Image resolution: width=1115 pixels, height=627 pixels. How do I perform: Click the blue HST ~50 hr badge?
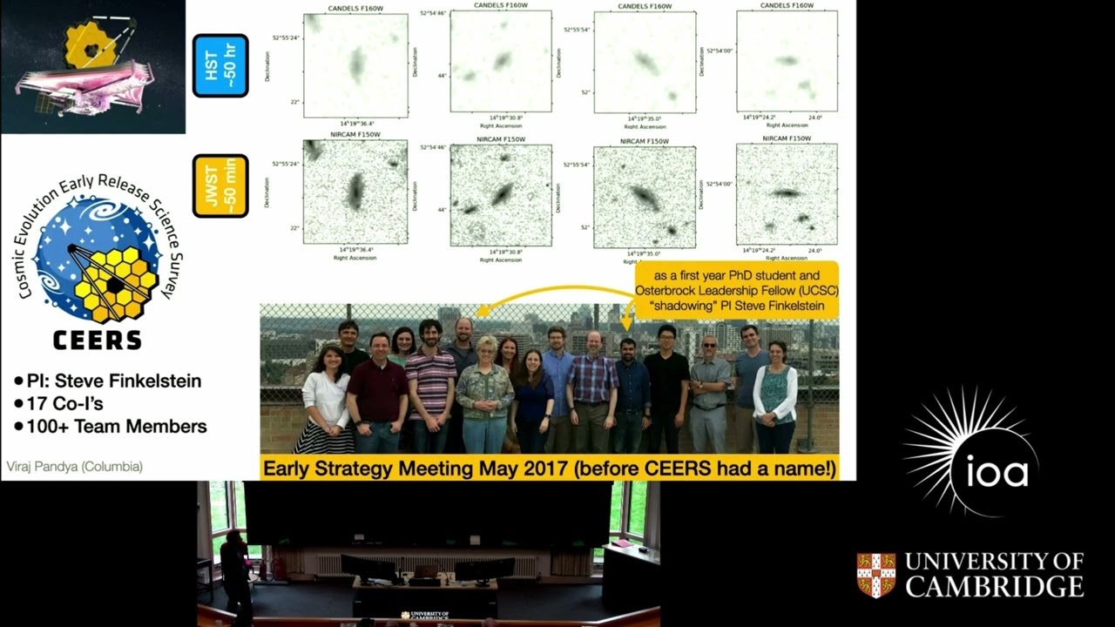pyautogui.click(x=220, y=65)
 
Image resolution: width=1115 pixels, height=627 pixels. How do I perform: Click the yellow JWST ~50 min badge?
pyautogui.click(x=220, y=185)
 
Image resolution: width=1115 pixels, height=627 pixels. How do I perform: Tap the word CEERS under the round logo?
pyautogui.click(x=97, y=340)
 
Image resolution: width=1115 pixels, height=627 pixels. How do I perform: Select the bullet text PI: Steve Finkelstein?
pyautogui.click(x=108, y=381)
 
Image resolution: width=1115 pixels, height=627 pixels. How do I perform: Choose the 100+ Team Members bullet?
pyautogui.click(x=111, y=427)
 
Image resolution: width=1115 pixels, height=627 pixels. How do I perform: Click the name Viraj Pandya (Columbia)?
pyautogui.click(x=75, y=467)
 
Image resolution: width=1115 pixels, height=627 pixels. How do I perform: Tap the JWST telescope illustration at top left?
pyautogui.click(x=91, y=65)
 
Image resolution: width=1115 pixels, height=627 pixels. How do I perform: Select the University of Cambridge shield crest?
pyautogui.click(x=875, y=575)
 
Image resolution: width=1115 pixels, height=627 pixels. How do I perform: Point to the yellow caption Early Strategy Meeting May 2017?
pyautogui.click(x=550, y=469)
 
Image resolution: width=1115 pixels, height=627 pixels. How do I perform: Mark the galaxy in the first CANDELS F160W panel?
pyautogui.click(x=356, y=65)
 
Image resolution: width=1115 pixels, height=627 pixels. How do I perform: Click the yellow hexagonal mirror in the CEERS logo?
pyautogui.click(x=116, y=281)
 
